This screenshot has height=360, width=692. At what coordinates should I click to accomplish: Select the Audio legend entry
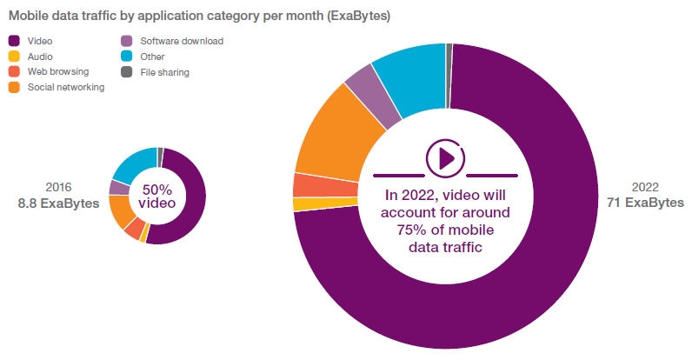[x=41, y=57]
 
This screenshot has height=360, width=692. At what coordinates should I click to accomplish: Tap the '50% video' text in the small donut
[x=158, y=196]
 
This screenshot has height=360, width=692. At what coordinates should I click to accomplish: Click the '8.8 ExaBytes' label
[x=58, y=203]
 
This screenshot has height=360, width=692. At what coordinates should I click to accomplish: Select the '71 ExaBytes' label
[x=645, y=203]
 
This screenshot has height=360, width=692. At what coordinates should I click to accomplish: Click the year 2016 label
[x=58, y=187]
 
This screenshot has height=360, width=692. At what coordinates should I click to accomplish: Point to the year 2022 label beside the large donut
[x=645, y=187]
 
